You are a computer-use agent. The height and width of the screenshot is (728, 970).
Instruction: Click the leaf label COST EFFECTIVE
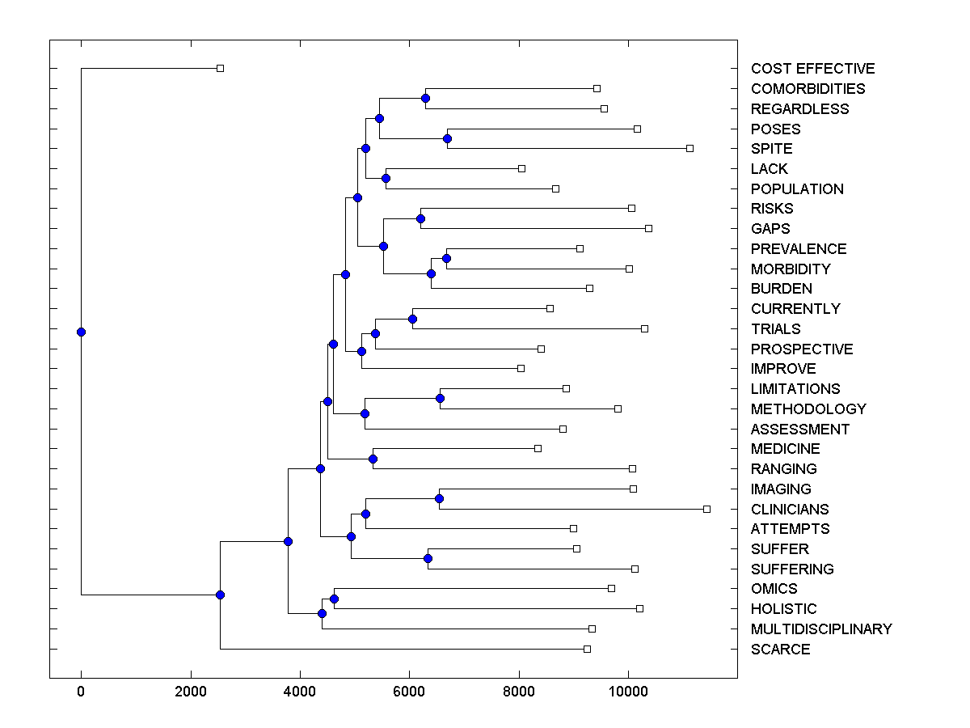[812, 69]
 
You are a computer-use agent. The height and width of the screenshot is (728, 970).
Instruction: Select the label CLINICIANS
[790, 510]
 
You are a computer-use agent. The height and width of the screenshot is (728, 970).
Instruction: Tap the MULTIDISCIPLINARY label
[821, 629]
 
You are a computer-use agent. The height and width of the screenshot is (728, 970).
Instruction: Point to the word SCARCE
[780, 650]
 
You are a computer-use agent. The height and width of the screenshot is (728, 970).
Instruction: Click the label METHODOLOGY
[808, 409]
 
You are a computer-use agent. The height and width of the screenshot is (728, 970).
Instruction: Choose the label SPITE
[771, 149]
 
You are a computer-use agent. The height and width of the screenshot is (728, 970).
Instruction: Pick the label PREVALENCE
[799, 249]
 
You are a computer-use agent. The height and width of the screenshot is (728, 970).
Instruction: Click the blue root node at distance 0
[81, 332]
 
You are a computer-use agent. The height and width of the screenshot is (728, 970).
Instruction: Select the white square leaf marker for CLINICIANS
[706, 509]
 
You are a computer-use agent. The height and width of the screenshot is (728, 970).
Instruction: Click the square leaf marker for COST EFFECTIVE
[220, 68]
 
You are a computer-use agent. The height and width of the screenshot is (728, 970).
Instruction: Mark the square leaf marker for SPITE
[690, 148]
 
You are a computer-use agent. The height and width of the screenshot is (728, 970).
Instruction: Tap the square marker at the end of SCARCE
[587, 649]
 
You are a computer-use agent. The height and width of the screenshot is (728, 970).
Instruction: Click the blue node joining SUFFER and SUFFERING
[428, 558]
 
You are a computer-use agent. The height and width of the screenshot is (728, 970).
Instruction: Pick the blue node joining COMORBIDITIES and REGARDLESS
[425, 98]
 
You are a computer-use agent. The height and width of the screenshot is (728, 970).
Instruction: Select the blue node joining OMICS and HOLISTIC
[334, 599]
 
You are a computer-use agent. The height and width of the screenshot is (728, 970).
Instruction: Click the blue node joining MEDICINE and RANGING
[373, 459]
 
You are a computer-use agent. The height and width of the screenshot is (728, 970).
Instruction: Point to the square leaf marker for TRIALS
[644, 328]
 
